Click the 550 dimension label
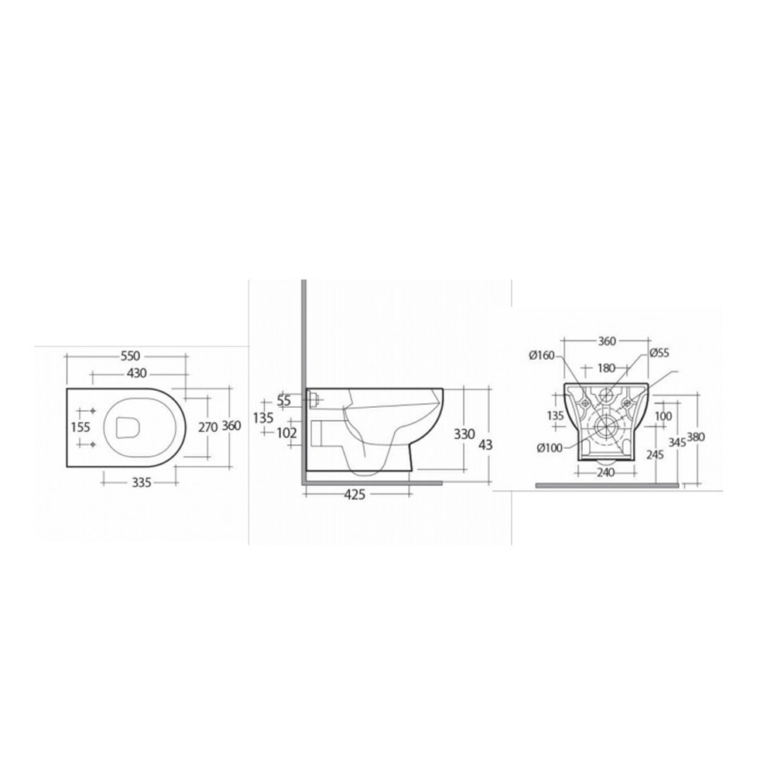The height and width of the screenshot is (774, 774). [x=131, y=355]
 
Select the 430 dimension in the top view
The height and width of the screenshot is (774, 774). [x=137, y=374]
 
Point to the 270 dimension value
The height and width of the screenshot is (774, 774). [x=207, y=427]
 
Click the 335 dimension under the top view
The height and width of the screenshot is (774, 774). [x=142, y=482]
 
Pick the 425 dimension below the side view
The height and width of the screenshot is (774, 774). [x=354, y=494]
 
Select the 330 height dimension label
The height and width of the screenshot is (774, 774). [x=464, y=434]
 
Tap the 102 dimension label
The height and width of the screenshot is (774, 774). [x=287, y=433]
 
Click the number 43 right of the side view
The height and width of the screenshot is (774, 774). [x=486, y=445]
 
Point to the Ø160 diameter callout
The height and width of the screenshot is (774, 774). [x=542, y=355]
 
